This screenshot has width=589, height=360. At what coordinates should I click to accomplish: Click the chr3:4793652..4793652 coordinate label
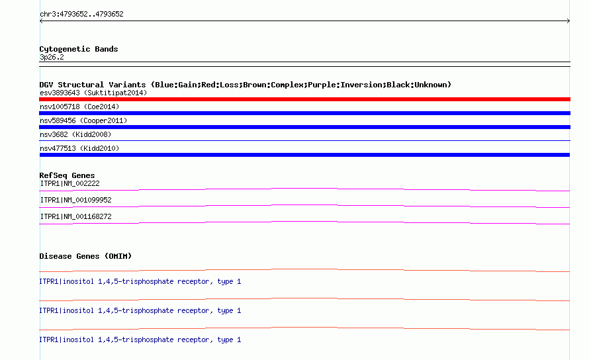81,15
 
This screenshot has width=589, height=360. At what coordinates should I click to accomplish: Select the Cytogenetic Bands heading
79,49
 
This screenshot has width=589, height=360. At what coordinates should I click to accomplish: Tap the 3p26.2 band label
52,57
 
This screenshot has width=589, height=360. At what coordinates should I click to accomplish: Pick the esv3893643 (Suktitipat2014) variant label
93,93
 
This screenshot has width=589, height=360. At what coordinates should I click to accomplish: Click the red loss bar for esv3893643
304,99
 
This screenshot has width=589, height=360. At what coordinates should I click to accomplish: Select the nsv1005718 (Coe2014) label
79,107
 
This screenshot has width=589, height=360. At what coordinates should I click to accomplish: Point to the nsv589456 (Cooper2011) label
83,120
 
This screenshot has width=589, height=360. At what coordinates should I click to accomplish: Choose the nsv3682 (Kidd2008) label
75,134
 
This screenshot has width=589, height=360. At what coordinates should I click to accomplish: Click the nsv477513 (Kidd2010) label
79,148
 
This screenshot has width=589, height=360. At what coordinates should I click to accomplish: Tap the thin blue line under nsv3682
304,140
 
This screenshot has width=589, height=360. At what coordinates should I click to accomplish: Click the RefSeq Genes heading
67,175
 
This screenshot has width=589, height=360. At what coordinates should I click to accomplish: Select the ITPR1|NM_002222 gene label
70,183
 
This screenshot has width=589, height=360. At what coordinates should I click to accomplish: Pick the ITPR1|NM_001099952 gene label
76,200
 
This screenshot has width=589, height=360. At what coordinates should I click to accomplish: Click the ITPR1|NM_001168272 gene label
76,216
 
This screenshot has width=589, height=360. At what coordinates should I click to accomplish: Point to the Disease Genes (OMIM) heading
85,256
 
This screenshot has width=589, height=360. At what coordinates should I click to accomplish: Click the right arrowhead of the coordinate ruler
568,21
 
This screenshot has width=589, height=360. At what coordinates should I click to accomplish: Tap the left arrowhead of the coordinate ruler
40,21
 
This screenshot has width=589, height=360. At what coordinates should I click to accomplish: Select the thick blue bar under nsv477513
304,155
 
